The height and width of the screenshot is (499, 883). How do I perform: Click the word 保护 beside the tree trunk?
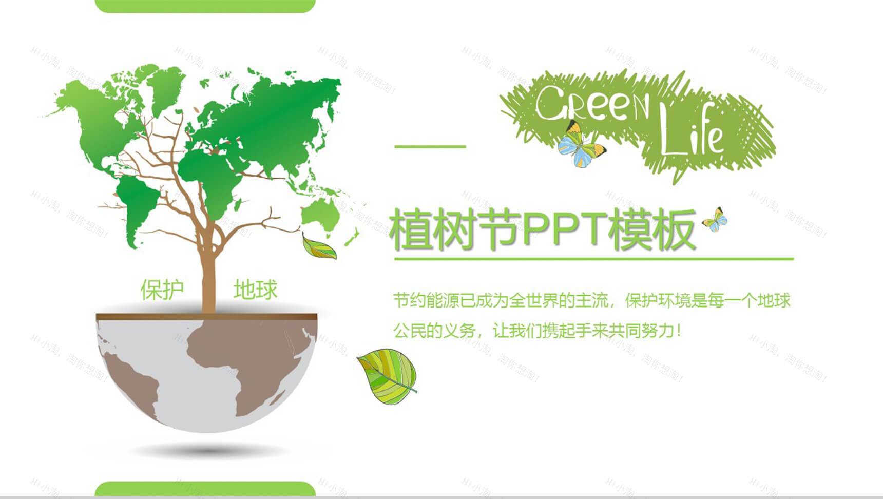pyautogui.click(x=162, y=290)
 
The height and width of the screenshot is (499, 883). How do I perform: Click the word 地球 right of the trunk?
pyautogui.click(x=255, y=290)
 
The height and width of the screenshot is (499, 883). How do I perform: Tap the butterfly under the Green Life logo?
pyautogui.click(x=581, y=144)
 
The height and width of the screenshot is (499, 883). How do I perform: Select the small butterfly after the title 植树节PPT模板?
pyautogui.click(x=715, y=219)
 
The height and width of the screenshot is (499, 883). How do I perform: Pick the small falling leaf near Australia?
pyautogui.click(x=318, y=247)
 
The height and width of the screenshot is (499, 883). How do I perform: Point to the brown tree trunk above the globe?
pyautogui.click(x=208, y=277)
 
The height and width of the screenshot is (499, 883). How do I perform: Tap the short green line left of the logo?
pyautogui.click(x=430, y=146)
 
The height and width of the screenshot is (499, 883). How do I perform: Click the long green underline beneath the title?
pyautogui.click(x=593, y=259)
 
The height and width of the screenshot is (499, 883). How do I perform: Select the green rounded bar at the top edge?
pyautogui.click(x=205, y=6)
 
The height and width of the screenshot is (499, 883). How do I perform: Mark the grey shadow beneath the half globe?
pyautogui.click(x=208, y=451)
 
